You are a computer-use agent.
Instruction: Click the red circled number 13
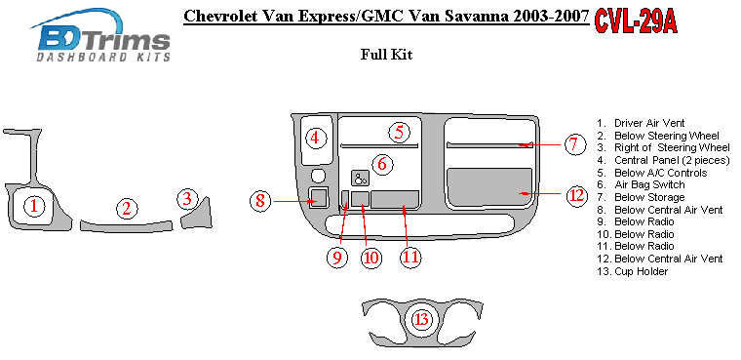(422, 320)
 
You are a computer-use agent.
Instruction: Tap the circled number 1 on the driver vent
(33, 206)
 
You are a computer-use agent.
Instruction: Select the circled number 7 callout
(573, 143)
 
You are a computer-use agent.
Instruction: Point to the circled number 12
(577, 195)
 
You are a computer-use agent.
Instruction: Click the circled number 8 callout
(260, 201)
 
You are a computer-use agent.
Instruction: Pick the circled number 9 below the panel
(337, 258)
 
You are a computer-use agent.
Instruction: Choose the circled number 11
(409, 257)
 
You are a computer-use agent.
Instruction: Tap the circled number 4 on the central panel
(316, 139)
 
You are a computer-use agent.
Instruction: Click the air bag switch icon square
(361, 179)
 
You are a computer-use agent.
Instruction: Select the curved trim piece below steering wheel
(126, 227)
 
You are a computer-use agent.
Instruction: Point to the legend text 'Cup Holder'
(642, 271)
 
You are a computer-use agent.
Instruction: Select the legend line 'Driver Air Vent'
(649, 124)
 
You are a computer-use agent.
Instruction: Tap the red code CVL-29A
(635, 21)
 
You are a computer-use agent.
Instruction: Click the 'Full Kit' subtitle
(386, 55)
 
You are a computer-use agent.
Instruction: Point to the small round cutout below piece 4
(319, 176)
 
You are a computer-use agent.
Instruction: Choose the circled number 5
(400, 132)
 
